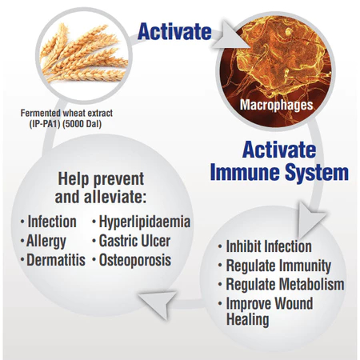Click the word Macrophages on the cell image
point(276,105)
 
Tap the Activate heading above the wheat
point(174,32)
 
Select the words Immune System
point(279,172)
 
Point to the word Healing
point(247,319)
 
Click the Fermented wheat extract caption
point(66,114)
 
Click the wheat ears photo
point(84,54)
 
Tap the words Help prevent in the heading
point(101,178)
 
